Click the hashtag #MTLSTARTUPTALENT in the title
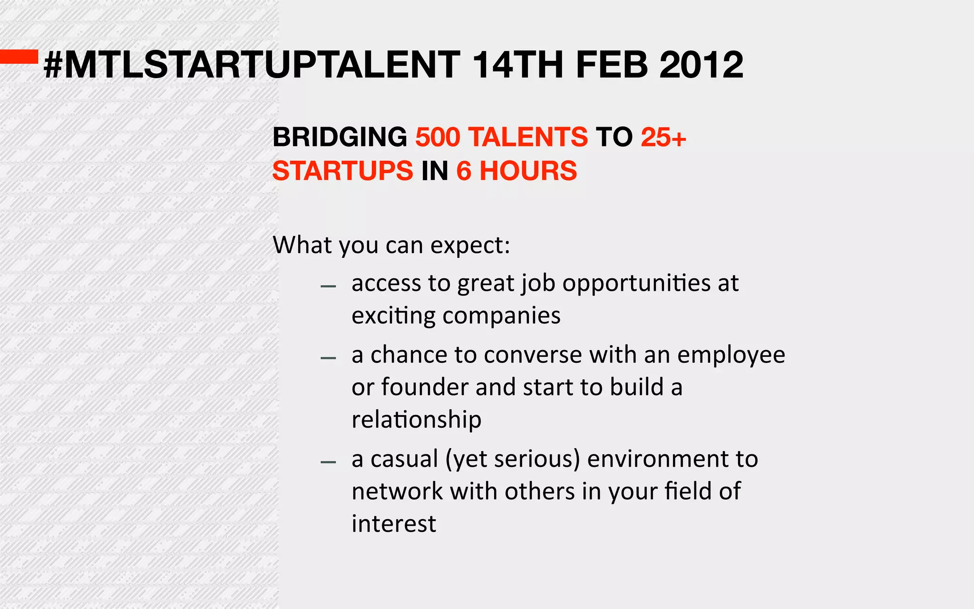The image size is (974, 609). (252, 65)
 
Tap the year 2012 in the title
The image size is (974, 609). (701, 65)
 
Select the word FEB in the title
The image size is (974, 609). (612, 65)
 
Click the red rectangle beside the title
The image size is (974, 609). (19, 57)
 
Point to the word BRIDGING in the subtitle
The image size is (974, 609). (340, 137)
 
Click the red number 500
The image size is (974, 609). (438, 137)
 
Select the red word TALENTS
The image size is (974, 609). (528, 137)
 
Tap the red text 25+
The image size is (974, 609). (663, 137)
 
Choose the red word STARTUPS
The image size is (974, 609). (342, 171)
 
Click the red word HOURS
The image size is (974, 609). (528, 171)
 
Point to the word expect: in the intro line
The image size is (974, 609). (470, 246)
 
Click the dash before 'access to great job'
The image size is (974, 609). (328, 286)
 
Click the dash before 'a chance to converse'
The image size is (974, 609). (328, 358)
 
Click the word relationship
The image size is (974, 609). (416, 420)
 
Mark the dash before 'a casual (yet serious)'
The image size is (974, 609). (328, 462)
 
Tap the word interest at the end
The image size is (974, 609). (393, 524)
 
